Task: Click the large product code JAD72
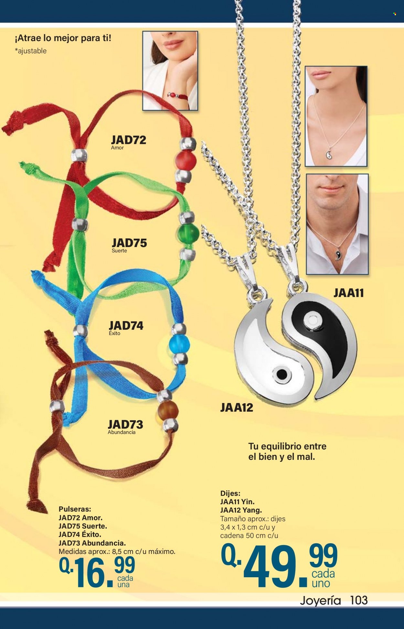tap(129, 140)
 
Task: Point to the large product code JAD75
tap(129, 243)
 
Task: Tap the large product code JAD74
tap(126, 325)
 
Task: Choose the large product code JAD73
tap(125, 424)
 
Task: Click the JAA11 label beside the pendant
tap(349, 293)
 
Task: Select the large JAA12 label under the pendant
tap(237, 407)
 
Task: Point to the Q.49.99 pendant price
tap(279, 566)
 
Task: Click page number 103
tap(359, 601)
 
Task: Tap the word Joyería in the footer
tap(320, 601)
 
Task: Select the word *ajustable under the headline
tap(31, 51)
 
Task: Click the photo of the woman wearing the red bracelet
tap(170, 70)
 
